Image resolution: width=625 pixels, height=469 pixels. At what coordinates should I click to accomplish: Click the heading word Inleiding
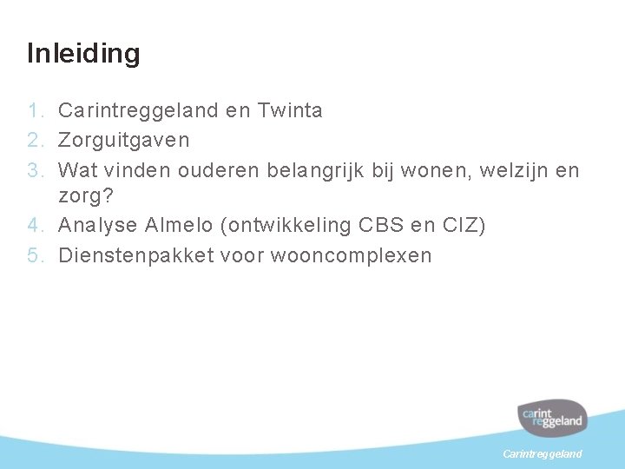[x=83, y=54]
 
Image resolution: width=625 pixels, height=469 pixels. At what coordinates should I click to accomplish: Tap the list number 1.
[x=35, y=110]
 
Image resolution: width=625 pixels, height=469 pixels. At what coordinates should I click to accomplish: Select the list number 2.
[x=35, y=139]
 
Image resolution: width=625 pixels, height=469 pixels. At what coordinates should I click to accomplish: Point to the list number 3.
[x=35, y=168]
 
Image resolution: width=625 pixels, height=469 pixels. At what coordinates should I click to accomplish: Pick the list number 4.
[x=35, y=226]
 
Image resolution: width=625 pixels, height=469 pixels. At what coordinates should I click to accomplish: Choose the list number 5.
[x=35, y=255]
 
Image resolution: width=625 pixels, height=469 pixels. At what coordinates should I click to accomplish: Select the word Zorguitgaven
[x=123, y=139]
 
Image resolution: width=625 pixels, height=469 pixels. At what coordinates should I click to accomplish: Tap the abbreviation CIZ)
[x=464, y=226]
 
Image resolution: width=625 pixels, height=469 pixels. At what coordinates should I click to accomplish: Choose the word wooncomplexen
[x=351, y=255]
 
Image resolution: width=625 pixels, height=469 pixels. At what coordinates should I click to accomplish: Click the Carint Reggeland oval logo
[x=553, y=418]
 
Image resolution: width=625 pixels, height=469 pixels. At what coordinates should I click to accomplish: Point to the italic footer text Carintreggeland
[x=543, y=454]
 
